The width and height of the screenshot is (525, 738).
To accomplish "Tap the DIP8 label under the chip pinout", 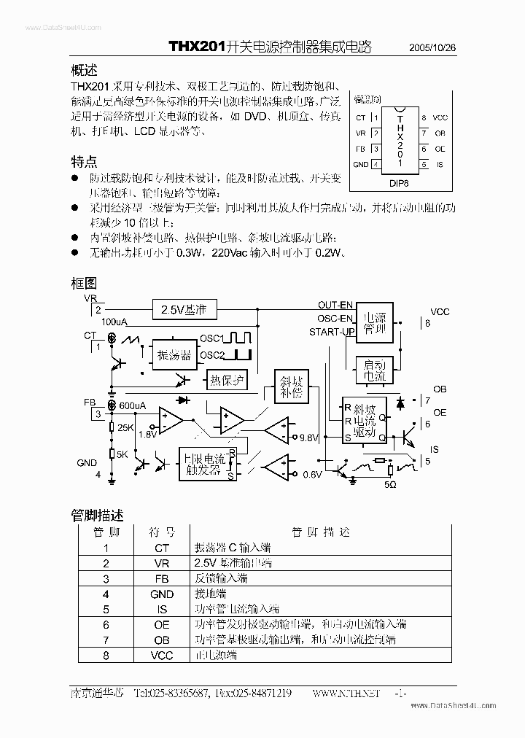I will point(399,184).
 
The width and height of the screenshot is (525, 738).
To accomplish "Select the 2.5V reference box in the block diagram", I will point(184,310).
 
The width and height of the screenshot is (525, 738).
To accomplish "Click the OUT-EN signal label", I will point(336,305).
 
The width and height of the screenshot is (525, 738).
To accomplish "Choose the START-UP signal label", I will point(332,333).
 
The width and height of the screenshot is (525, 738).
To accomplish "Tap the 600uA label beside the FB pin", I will point(133,405).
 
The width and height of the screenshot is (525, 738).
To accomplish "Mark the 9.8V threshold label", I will point(310,438).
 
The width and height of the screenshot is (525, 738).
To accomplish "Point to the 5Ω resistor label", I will point(390,483).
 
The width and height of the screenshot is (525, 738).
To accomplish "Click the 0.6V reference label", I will point(312,475).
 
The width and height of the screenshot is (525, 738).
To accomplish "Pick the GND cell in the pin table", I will point(161,594).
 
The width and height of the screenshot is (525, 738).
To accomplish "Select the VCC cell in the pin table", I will point(161,655).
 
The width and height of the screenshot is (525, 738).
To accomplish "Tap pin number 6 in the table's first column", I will point(106,624).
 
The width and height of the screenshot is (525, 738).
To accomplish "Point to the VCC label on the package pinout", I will point(440,117).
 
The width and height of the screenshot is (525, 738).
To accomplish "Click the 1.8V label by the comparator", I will point(147,434).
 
